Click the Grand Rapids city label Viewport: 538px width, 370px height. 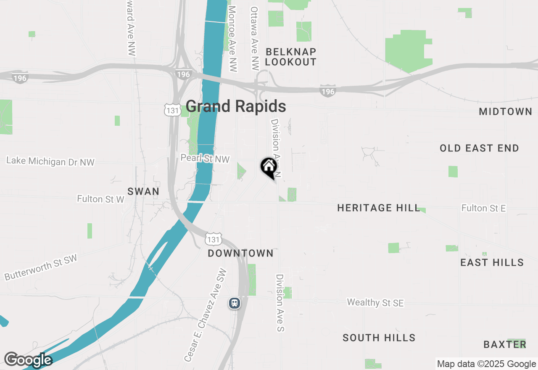[236, 106]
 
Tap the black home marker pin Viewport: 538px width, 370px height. [269, 167]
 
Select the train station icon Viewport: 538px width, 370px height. [235, 303]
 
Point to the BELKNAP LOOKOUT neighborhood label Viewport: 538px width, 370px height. [290, 57]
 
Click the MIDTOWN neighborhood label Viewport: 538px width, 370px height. [506, 111]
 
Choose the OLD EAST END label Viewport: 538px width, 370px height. [479, 148]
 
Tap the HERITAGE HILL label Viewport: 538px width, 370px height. [379, 208]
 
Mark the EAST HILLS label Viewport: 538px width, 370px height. [492, 262]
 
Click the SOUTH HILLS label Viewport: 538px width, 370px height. [379, 338]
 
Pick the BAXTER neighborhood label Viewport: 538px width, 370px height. [505, 344]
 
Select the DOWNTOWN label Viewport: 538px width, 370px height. [241, 253]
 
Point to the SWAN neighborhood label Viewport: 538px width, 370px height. [143, 191]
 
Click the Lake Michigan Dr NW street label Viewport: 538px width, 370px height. [50, 161]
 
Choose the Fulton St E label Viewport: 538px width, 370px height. [483, 208]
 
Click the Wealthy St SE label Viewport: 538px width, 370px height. [375, 303]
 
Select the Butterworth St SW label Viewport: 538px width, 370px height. [41, 267]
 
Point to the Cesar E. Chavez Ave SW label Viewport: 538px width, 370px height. [206, 315]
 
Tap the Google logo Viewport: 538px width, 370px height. [28, 360]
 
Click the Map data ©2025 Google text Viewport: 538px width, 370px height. [486, 364]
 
